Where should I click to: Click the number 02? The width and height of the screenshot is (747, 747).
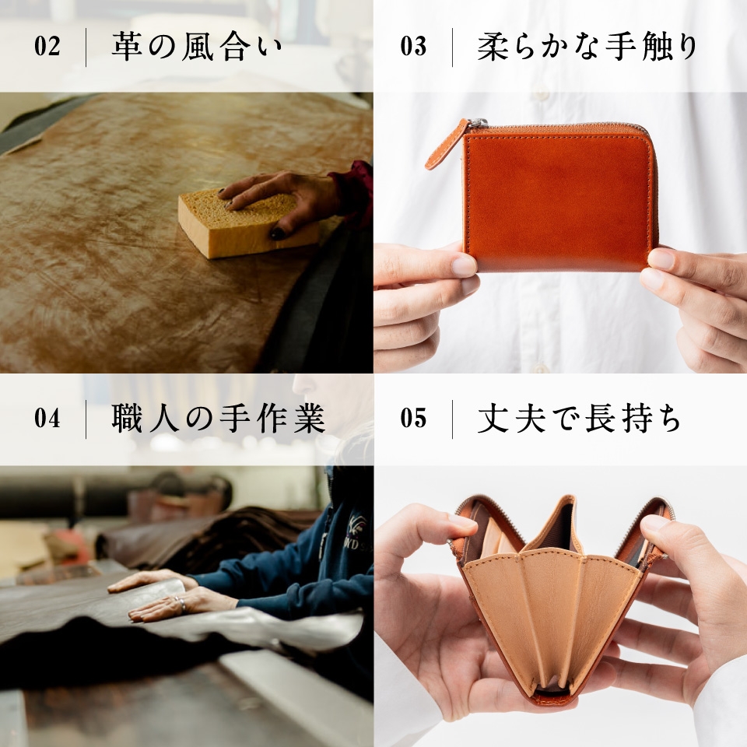(47, 46)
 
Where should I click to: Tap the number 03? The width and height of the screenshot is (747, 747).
(413, 46)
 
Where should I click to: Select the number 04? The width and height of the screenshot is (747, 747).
(47, 419)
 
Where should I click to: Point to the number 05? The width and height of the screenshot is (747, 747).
(413, 419)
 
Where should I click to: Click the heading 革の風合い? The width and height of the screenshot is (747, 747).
(197, 47)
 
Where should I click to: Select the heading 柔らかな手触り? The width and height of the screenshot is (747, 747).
(587, 47)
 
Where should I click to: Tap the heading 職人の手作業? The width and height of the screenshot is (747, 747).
(219, 419)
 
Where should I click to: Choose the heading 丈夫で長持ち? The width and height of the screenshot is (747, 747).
(579, 419)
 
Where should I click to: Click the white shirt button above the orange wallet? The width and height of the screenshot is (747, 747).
(542, 94)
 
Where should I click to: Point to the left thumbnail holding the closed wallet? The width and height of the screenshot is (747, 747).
(464, 265)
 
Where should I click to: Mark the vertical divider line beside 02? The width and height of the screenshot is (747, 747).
(86, 47)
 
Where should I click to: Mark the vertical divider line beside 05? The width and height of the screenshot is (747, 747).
(453, 419)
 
